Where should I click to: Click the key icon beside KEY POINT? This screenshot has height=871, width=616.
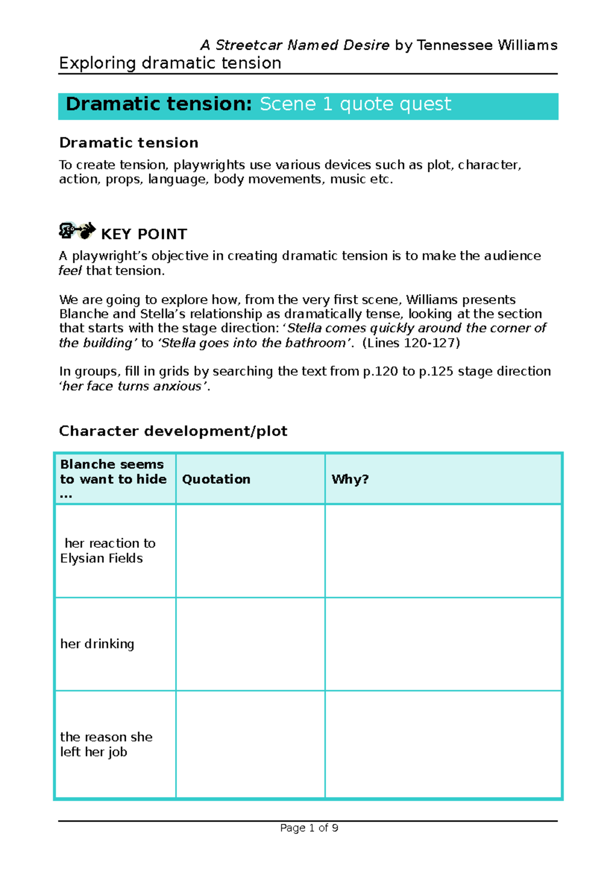pos(77,230)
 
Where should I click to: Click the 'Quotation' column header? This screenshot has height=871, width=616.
pos(216,479)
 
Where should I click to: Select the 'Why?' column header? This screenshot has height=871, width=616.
pos(350,479)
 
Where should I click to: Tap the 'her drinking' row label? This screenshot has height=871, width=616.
pos(97,643)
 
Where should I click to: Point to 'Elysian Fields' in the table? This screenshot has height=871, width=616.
pos(101,558)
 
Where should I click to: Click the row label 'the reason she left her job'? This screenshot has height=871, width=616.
pos(106,744)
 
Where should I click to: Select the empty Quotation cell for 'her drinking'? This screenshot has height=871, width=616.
pos(250,644)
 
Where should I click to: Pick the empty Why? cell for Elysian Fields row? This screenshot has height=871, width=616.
pos(443,550)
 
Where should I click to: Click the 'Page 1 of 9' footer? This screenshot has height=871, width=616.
pos(309,827)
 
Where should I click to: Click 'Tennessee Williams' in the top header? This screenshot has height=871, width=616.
pos(487,45)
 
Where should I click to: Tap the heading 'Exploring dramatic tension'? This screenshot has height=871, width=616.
pos(170,63)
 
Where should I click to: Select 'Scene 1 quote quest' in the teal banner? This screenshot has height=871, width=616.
pos(355,104)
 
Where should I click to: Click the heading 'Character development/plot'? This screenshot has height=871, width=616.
pos(173,431)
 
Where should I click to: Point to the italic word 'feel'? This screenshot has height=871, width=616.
pos(70,270)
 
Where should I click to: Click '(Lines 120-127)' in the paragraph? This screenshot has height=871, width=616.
pos(411,343)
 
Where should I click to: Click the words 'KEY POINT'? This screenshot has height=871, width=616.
pos(144,234)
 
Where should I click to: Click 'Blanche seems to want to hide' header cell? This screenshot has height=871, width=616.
pos(113,479)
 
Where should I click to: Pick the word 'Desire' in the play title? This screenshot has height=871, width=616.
pos(366,45)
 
